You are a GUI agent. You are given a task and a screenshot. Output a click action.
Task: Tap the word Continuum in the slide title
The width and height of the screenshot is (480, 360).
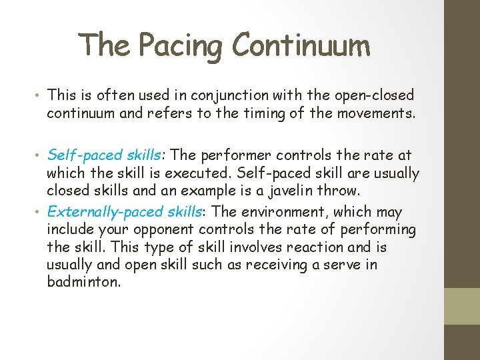(301, 45)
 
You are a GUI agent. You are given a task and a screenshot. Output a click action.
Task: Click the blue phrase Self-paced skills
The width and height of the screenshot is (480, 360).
(103, 155)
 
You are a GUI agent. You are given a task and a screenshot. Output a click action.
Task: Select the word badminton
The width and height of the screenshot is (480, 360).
(83, 282)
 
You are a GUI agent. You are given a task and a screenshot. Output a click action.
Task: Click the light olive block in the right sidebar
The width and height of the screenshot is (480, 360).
(462, 306)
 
